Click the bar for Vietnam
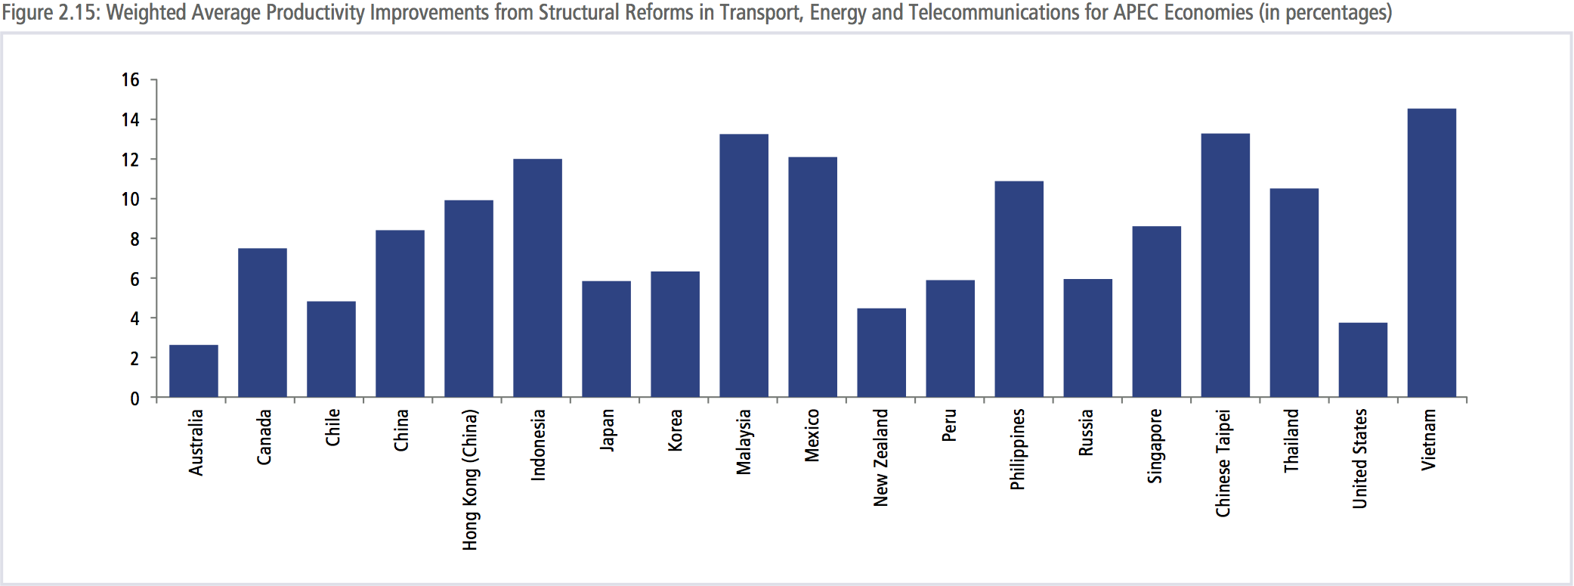(1431, 253)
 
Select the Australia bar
(193, 371)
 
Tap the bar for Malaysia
(744, 265)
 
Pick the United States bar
(1362, 360)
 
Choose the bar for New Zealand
(881, 352)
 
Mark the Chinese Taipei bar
(1225, 265)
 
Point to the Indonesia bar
(537, 278)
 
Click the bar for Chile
(331, 349)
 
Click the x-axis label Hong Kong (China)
(470, 479)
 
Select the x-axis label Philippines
(1018, 449)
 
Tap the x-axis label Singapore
(1155, 445)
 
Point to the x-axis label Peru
(949, 425)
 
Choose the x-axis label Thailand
(1291, 441)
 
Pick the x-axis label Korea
(675, 430)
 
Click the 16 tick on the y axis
(131, 79)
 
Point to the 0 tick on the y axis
(135, 398)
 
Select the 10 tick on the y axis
(131, 199)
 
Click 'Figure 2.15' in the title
(50, 13)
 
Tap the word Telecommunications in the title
(994, 13)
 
